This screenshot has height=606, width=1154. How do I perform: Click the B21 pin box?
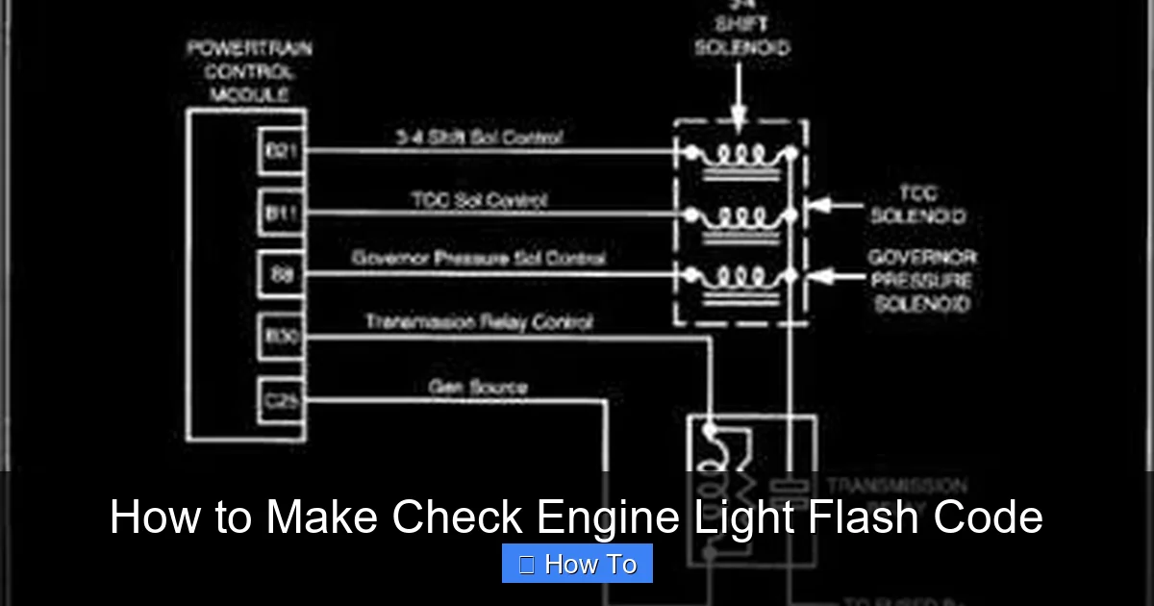pyautogui.click(x=281, y=151)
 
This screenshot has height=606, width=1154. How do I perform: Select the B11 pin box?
pyautogui.click(x=281, y=213)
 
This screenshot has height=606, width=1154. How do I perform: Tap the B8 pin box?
pyautogui.click(x=281, y=275)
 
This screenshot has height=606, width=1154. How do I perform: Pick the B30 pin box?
pyautogui.click(x=281, y=337)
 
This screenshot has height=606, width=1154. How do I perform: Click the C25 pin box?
pyautogui.click(x=281, y=399)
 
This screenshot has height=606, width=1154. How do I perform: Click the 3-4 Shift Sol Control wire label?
pyautogui.click(x=479, y=138)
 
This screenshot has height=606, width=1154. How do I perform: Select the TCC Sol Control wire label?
pyautogui.click(x=479, y=200)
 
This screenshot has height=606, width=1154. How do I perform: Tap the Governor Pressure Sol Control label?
pyautogui.click(x=478, y=259)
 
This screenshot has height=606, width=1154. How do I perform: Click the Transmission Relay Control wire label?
pyautogui.click(x=478, y=322)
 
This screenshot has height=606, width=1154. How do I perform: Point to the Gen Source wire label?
pyautogui.click(x=478, y=387)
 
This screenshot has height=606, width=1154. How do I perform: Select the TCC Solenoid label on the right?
pyautogui.click(x=916, y=205)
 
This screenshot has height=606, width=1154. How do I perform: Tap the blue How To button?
pyautogui.click(x=577, y=564)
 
